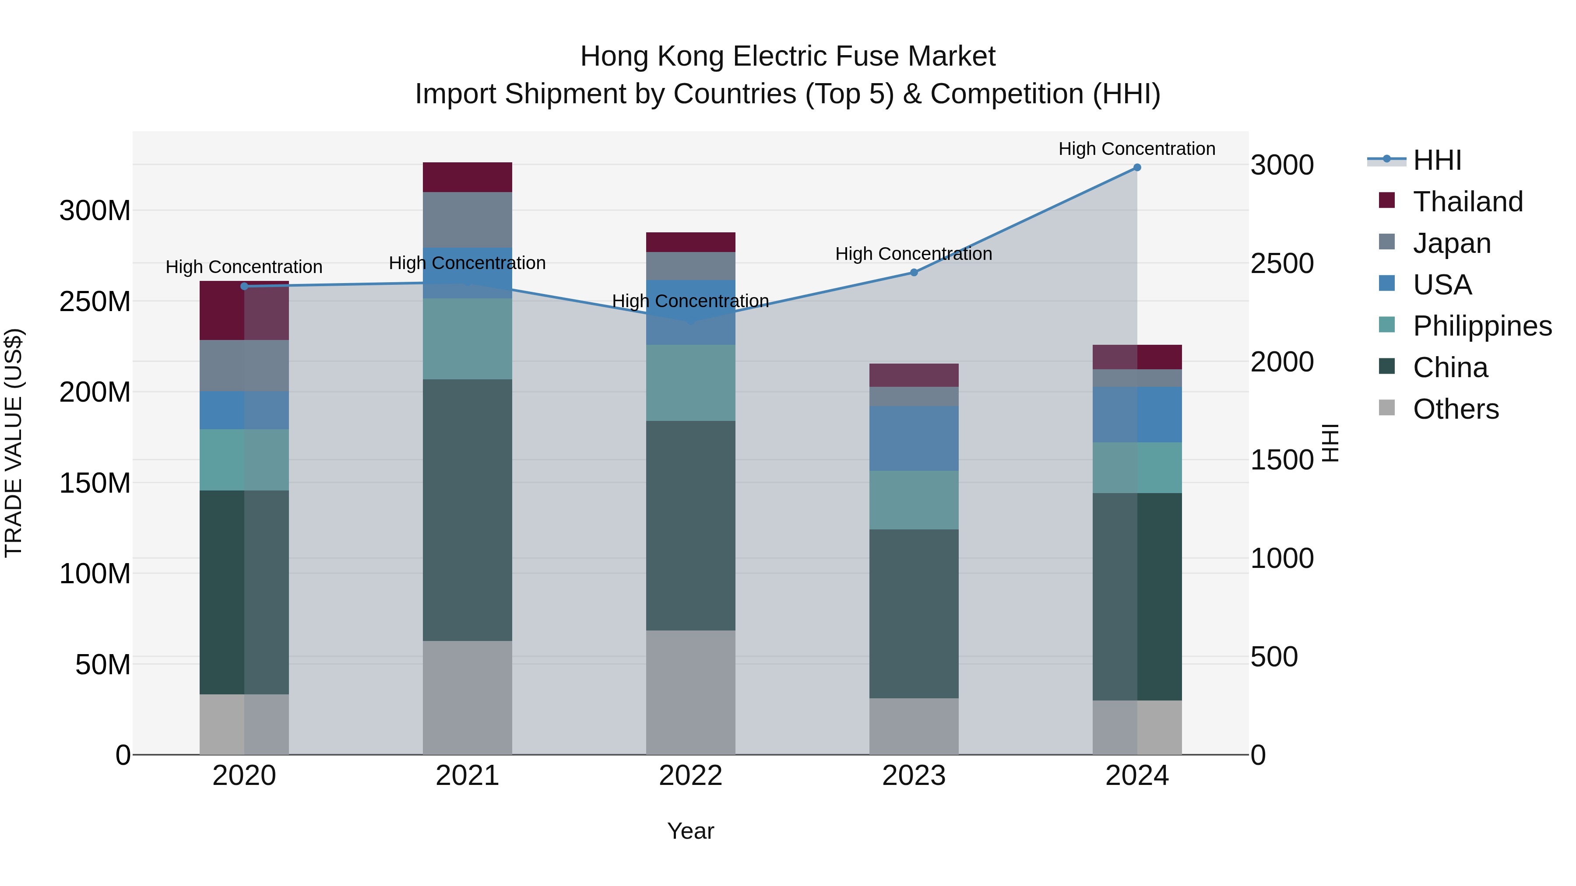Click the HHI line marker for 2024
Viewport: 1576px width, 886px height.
[x=1137, y=168]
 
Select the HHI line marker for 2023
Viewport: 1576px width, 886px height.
[x=914, y=273]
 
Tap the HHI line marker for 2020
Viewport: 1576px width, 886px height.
[x=244, y=286]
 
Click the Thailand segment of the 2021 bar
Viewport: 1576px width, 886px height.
[x=468, y=177]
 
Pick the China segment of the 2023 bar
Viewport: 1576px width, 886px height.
[x=914, y=613]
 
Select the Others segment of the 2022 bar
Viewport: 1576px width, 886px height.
[x=691, y=692]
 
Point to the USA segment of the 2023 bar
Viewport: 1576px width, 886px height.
[x=914, y=438]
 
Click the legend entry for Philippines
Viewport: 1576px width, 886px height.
[x=1482, y=326]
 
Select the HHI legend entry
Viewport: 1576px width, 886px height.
[x=1436, y=160]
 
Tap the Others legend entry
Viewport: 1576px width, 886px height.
[x=1456, y=409]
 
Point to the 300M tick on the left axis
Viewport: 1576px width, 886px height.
[x=95, y=211]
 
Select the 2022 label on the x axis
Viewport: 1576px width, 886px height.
[x=691, y=776]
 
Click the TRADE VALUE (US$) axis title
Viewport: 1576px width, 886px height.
[x=14, y=443]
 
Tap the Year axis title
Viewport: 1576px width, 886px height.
[x=691, y=831]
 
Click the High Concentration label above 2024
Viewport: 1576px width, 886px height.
[x=1137, y=149]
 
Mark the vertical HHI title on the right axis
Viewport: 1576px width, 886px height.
[x=1331, y=443]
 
